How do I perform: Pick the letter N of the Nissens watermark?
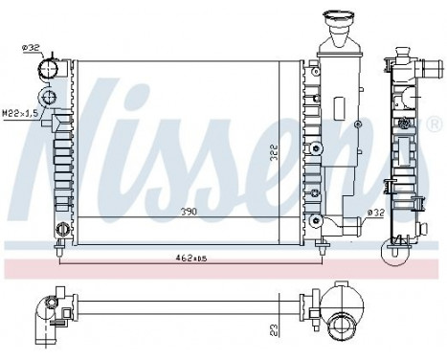coord(72,134)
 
